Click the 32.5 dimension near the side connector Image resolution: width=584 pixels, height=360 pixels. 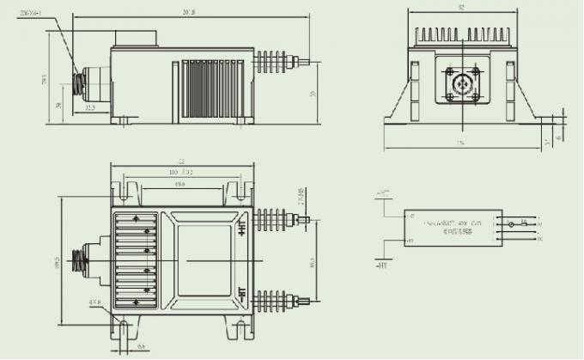[x=89, y=108]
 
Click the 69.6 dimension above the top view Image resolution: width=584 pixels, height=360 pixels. [x=181, y=184]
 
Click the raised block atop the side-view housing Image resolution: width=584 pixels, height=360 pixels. [x=136, y=39]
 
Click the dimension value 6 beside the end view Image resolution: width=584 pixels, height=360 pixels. [x=560, y=136]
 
